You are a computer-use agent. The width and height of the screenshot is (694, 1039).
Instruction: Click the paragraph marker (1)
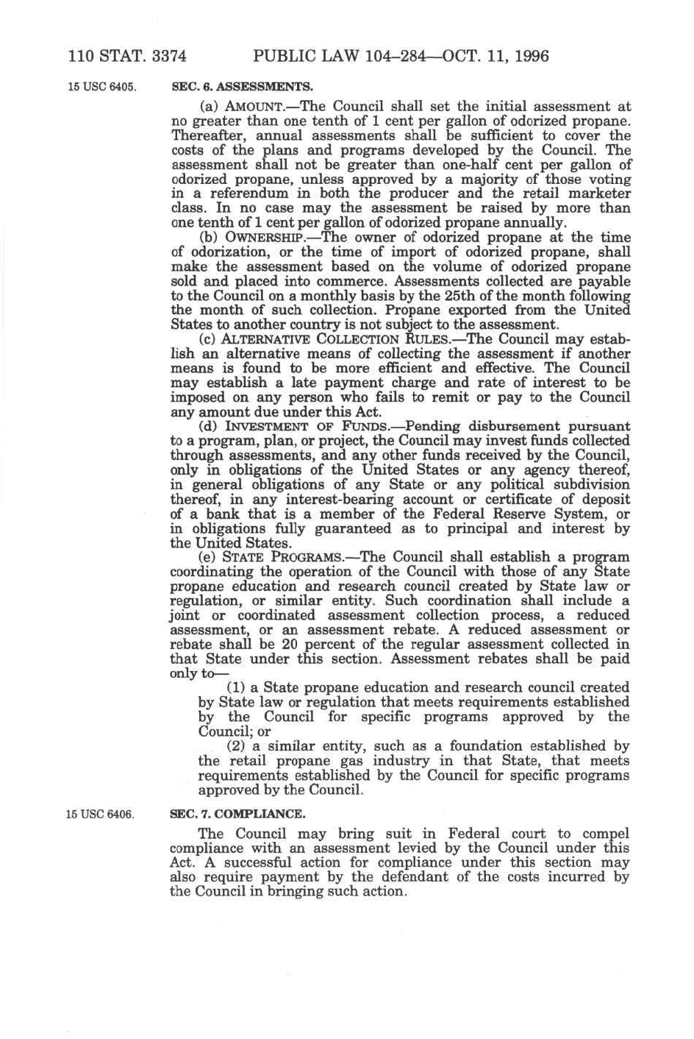click(x=237, y=687)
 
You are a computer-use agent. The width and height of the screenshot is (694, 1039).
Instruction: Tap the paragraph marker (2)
click(x=237, y=746)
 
